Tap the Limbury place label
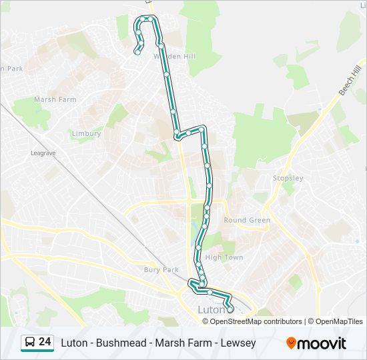click(x=86, y=133)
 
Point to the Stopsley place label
click(x=288, y=178)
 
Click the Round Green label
click(x=247, y=220)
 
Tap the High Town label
click(x=224, y=257)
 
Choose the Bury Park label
click(x=161, y=270)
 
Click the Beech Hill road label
click(x=349, y=80)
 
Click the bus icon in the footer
click(x=30, y=343)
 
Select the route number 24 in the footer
click(x=45, y=342)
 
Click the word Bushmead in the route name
click(x=122, y=343)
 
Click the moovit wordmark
click(x=322, y=343)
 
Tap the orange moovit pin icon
click(x=291, y=343)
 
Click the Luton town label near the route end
click(x=212, y=309)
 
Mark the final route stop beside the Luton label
click(x=230, y=309)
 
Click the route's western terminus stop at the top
click(x=137, y=52)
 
